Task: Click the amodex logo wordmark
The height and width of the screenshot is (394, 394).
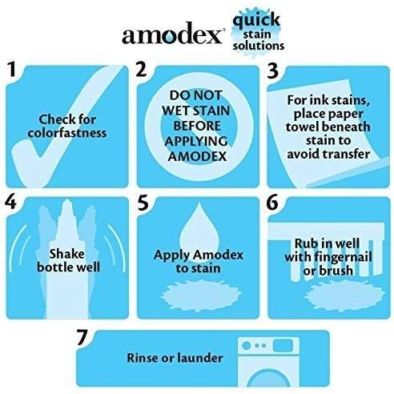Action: coord(172,34)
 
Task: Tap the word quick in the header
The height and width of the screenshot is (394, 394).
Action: coord(256,20)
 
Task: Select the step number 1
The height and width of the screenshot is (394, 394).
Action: coord(11,70)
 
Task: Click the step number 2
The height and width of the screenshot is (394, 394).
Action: coord(141,69)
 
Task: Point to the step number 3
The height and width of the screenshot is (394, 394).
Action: coord(273,71)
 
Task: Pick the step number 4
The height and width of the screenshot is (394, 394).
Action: coord(10,202)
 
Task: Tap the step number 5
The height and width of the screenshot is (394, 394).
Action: coord(143,202)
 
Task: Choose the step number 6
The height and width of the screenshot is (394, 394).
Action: coord(272,202)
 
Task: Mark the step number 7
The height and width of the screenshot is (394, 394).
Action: coord(82,337)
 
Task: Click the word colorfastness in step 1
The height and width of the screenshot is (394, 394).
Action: coord(67,133)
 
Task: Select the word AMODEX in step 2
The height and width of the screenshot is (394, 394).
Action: coord(197,156)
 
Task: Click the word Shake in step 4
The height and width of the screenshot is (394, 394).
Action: coord(66,254)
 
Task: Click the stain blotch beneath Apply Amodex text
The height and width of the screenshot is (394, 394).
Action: coord(201,295)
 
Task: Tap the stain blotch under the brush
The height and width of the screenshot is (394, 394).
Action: coord(345,295)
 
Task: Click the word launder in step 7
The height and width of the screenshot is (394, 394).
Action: coord(199,358)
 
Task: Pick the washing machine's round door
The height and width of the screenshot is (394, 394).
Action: coord(267,378)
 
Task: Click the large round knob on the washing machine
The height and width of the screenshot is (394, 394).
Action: coord(246,345)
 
